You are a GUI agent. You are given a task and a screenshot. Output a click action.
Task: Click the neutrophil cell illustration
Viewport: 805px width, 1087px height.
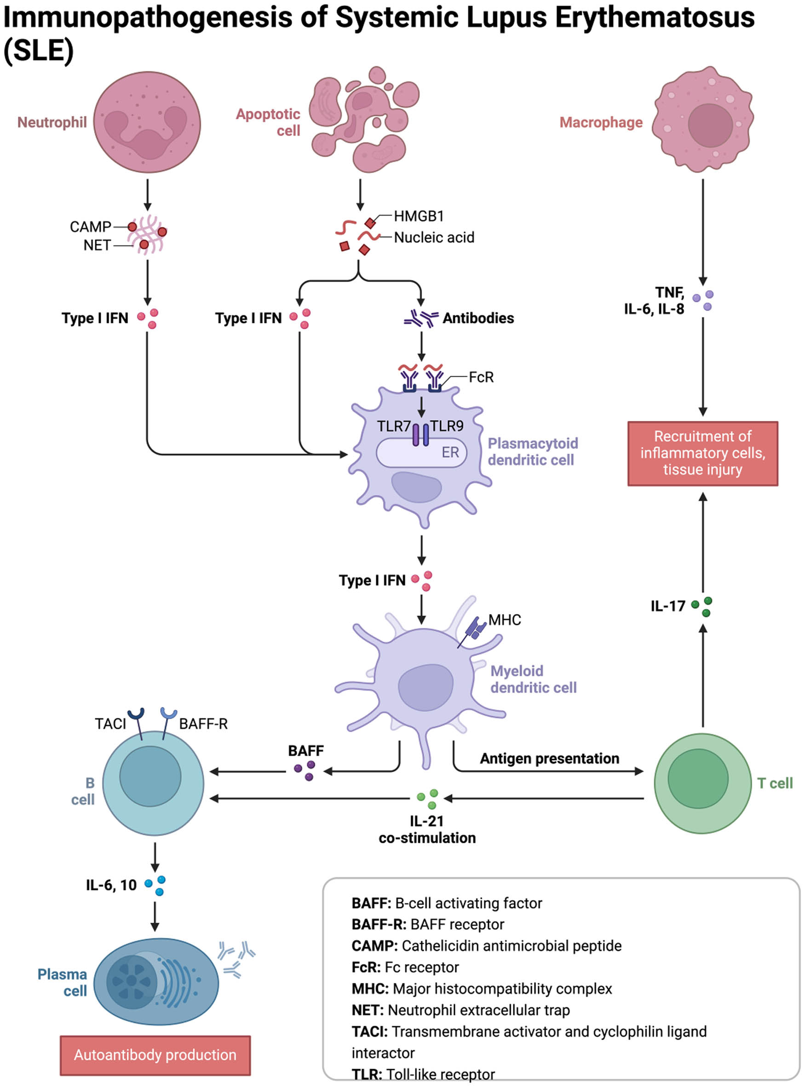point(147,122)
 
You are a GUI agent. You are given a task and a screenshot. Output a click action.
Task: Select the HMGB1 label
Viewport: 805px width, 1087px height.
point(419,216)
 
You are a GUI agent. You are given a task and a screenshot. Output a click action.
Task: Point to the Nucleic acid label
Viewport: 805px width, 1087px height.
point(434,237)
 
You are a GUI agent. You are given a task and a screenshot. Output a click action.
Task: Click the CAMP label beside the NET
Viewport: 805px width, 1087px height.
point(90,227)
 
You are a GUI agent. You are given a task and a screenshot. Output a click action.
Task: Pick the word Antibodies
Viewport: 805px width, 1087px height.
point(477,318)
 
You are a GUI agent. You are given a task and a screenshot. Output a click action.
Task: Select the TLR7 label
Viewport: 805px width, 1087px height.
point(393,426)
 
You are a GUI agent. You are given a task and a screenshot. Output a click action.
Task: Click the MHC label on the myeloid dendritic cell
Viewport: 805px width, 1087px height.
point(504,620)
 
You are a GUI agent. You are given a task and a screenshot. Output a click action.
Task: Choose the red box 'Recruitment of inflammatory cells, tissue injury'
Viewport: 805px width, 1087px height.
point(702,453)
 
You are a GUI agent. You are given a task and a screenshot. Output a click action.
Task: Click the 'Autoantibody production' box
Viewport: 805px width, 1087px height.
point(155,1054)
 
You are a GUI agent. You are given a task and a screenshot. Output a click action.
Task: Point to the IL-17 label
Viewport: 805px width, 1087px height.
point(667,606)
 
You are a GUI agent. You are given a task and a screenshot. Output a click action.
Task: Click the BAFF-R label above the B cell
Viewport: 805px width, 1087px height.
point(203,724)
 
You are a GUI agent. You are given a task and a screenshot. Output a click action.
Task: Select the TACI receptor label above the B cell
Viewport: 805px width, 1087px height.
point(110,724)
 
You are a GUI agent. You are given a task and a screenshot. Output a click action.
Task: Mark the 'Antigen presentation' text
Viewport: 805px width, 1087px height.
point(549,759)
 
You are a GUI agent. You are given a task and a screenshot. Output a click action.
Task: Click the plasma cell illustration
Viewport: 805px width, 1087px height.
point(156,981)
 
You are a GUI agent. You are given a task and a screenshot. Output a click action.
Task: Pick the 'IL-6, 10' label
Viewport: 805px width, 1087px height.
point(111,885)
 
